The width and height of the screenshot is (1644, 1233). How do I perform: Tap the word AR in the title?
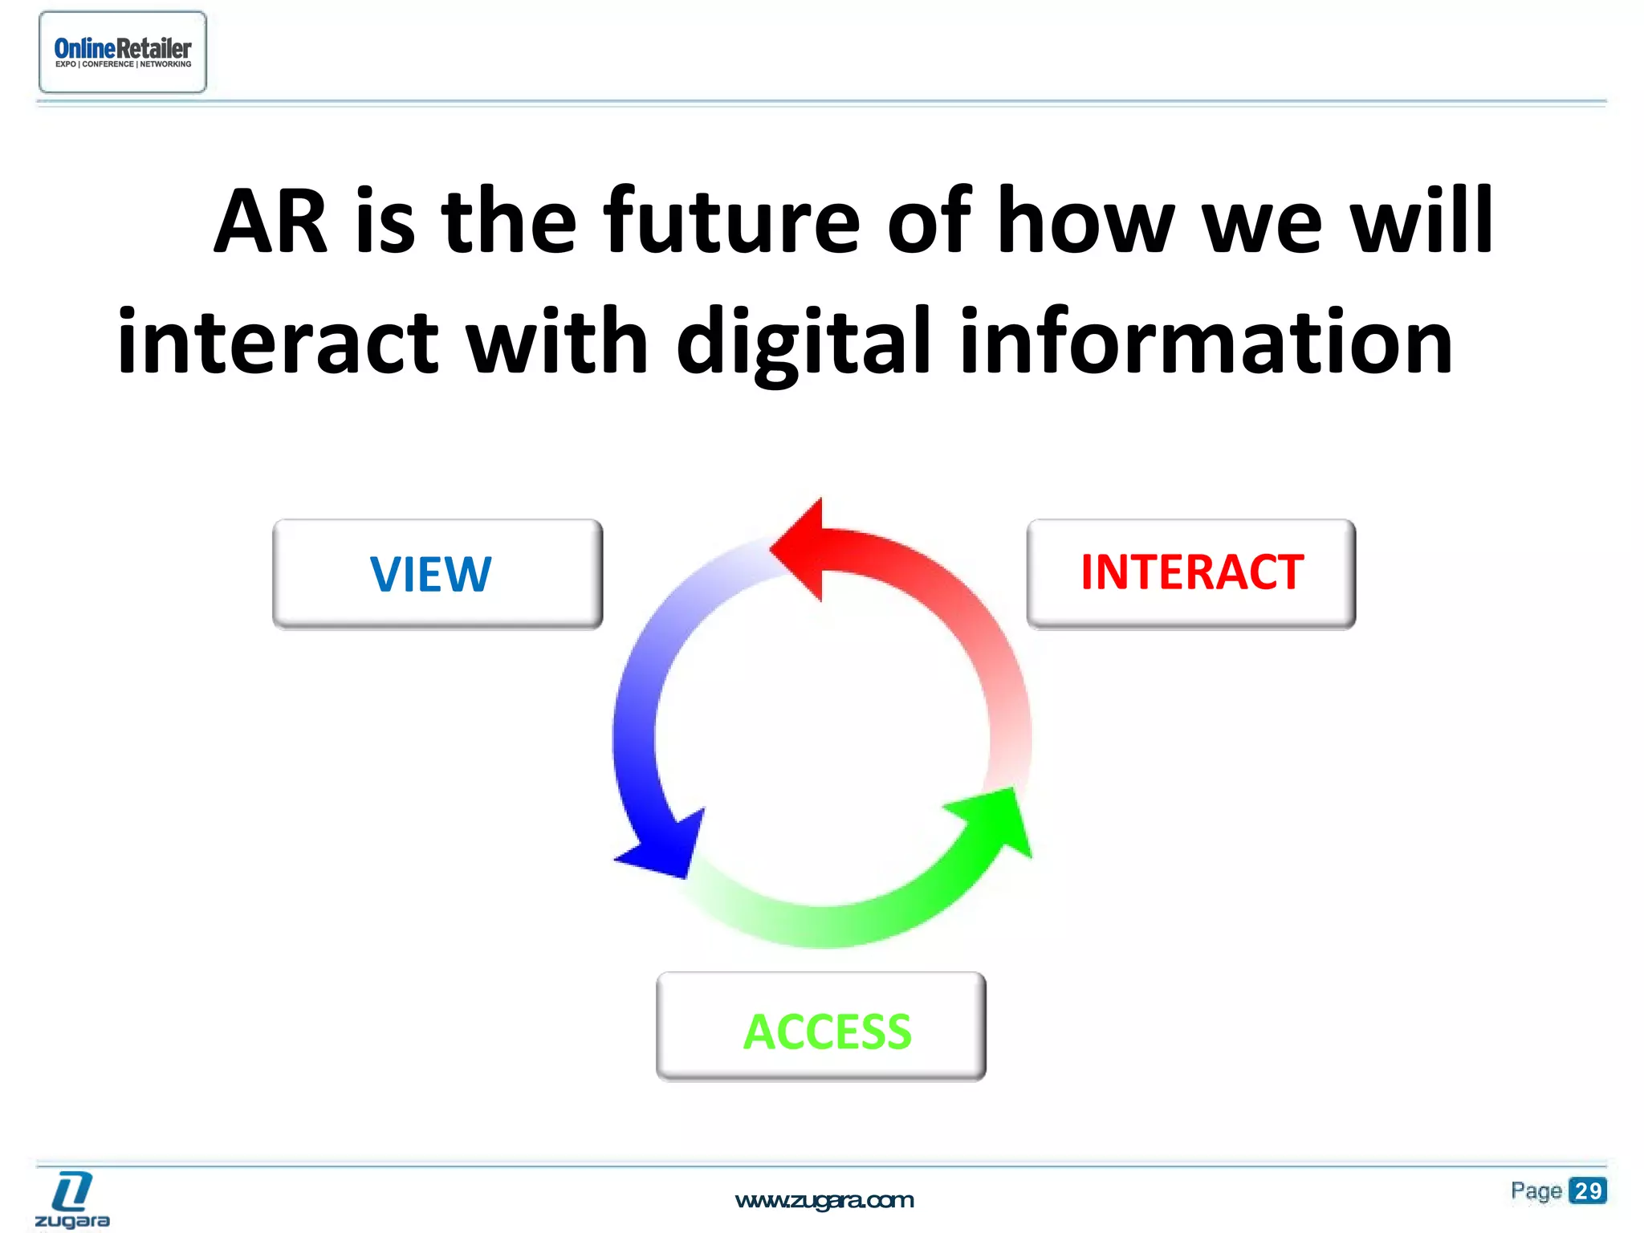pos(271,222)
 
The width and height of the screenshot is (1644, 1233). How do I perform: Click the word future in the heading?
pos(731,220)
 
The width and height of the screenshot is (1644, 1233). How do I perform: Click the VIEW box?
pos(437,574)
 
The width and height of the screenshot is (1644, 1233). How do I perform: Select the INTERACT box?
pos(1191,573)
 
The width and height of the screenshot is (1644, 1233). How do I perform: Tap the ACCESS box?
pos(821,1028)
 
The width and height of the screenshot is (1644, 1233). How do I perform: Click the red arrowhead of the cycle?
pos(800,550)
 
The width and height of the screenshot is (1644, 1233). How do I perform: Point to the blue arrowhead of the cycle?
pos(662,848)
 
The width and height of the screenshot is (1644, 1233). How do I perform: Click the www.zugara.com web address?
pos(824,1200)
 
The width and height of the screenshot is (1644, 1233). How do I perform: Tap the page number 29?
pos(1587,1190)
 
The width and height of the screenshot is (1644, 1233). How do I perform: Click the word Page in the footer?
pos(1536,1190)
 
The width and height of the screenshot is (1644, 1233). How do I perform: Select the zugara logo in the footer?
pos(72,1200)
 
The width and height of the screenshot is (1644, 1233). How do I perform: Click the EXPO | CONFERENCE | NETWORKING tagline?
pos(123,64)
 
